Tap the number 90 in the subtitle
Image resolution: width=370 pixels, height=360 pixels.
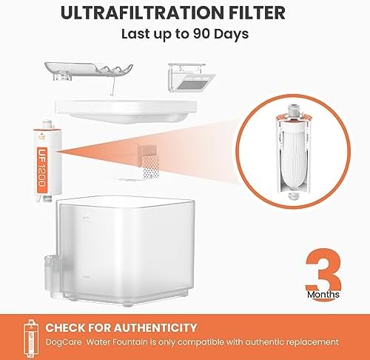(x=201, y=33)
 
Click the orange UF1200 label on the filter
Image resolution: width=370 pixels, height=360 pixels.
(x=41, y=167)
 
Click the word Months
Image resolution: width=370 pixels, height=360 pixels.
(x=323, y=295)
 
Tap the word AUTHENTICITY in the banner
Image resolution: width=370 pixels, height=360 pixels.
(x=155, y=327)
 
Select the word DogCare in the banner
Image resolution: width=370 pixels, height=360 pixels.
(x=64, y=342)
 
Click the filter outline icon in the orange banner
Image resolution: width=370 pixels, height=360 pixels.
(x=31, y=338)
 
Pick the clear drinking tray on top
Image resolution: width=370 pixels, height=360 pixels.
(x=89, y=71)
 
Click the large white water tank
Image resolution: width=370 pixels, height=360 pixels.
(x=126, y=250)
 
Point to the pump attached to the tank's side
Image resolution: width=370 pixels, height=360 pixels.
(x=53, y=276)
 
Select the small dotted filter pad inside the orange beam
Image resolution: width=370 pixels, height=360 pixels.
(x=150, y=167)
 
